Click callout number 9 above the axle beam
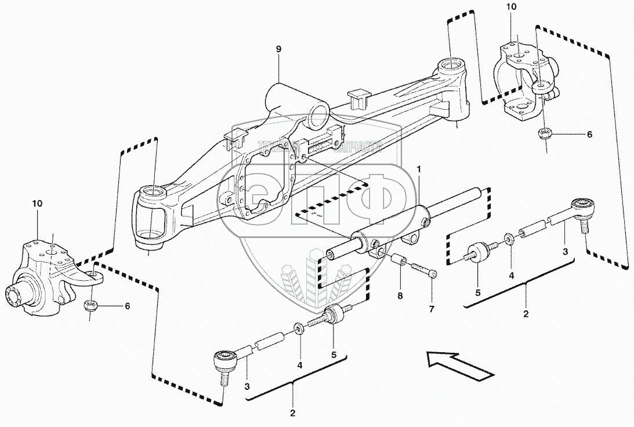tap(278, 49)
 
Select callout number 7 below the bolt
tap(431, 309)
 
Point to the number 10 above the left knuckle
tap(38, 204)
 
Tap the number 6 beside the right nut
tap(589, 135)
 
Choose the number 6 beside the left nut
tap(126, 306)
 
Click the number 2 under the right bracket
tap(526, 314)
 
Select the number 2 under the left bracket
tap(292, 413)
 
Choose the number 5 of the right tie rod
tap(478, 293)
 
